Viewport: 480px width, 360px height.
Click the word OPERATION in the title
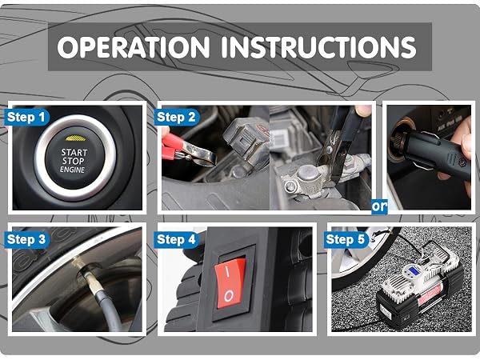[x=133, y=47]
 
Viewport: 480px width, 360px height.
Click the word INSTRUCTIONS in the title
[x=318, y=47]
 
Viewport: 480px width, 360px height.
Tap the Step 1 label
[x=26, y=117]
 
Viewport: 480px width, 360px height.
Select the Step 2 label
[x=176, y=117]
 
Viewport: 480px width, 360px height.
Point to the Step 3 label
[x=26, y=239]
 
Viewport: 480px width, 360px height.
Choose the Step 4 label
[x=176, y=239]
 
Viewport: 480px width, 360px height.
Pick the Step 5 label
[x=346, y=239]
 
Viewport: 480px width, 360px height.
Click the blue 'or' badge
[x=379, y=206]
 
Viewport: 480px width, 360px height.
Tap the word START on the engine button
[x=74, y=153]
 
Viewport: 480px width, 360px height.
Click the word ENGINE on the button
[x=73, y=170]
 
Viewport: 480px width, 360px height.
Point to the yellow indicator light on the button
[x=75, y=138]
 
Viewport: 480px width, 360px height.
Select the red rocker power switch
[x=230, y=283]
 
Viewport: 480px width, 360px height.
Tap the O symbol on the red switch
[x=229, y=296]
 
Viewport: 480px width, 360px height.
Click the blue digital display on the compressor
[x=410, y=270]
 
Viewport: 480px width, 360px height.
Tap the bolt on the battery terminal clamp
[x=289, y=186]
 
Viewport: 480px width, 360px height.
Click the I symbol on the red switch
[x=227, y=271]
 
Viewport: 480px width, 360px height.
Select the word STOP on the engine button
[x=74, y=161]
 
